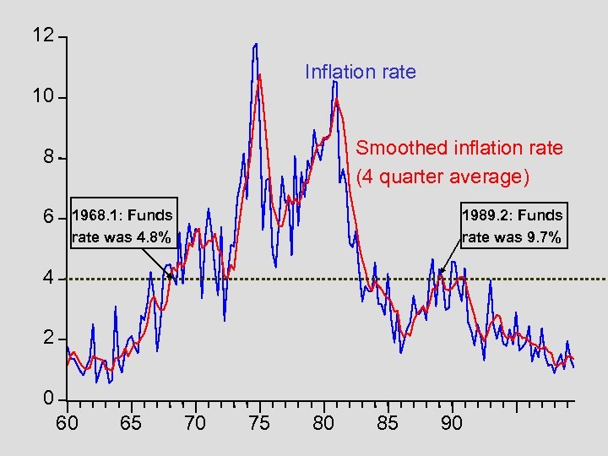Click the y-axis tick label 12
(x=43, y=36)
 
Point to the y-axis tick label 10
(x=43, y=97)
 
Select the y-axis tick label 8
(x=49, y=157)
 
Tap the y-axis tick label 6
(x=49, y=218)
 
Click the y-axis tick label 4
(x=49, y=278)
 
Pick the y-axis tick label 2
(x=49, y=339)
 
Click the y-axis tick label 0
(x=49, y=399)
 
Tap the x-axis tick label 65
(x=131, y=423)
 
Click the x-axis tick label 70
(x=195, y=423)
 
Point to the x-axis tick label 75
(x=259, y=423)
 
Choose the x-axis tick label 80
(x=323, y=423)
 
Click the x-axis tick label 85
(x=388, y=423)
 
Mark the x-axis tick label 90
(x=452, y=423)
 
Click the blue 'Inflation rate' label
(x=361, y=72)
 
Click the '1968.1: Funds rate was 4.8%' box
(x=122, y=226)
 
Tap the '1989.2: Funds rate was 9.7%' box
(x=512, y=226)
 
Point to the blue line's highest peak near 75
(x=255, y=44)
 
